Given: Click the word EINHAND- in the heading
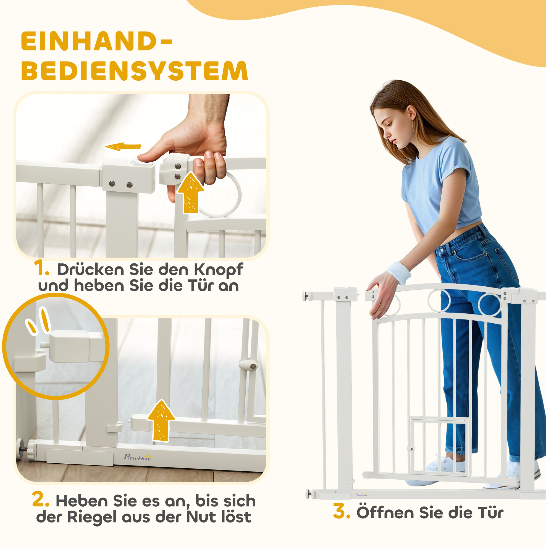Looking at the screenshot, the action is tap(97, 41).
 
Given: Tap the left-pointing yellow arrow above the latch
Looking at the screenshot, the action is tap(123, 146).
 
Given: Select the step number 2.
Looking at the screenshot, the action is tap(41, 499).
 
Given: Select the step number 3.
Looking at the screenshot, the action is tap(342, 511).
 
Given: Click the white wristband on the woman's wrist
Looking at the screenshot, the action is tap(399, 273).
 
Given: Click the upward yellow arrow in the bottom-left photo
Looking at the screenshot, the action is tap(161, 421).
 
